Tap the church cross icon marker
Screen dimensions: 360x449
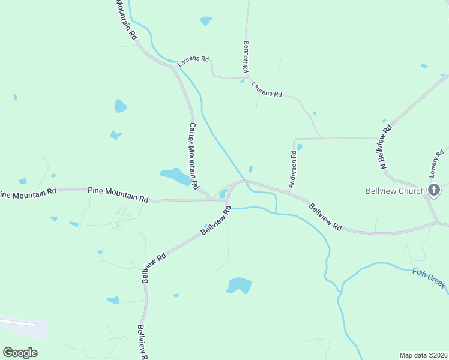coord(435,191)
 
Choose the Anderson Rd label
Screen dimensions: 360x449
coord(293,169)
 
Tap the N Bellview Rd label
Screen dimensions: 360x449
coord(385,145)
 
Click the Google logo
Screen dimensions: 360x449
coord(20,352)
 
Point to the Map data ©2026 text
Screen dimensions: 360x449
coord(423,355)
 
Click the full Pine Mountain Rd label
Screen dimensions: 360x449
coord(118,193)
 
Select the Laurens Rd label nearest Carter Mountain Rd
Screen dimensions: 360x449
coord(193,59)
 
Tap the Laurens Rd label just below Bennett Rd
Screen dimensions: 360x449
coord(267,90)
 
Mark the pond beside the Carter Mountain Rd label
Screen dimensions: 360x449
coord(174,176)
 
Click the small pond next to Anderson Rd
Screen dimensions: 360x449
coord(299,146)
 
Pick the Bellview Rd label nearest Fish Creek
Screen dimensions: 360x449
coord(326,217)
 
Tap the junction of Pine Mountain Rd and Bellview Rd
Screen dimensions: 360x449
coord(228,200)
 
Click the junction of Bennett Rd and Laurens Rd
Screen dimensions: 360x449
coord(246,77)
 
